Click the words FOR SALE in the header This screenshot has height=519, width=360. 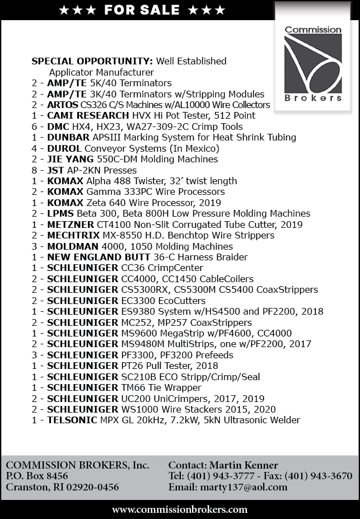point(142,10)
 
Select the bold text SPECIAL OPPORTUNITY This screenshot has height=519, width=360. point(92,61)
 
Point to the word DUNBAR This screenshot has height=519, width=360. point(67,137)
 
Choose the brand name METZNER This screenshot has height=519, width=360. point(71,225)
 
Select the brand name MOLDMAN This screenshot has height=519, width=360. point(72,246)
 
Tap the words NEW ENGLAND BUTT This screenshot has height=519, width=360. point(99,257)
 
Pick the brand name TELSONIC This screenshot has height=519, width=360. point(73,420)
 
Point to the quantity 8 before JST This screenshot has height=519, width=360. point(34,170)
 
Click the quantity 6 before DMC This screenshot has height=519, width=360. point(34,127)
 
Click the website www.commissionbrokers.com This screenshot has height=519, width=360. point(180,509)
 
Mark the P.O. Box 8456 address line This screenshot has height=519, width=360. point(37,476)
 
